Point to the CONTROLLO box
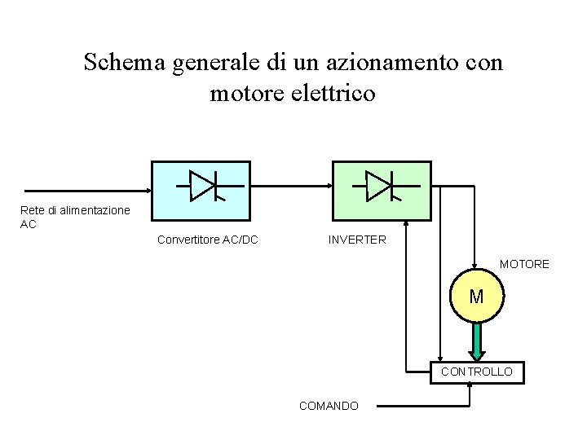coord(477,372)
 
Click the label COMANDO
coord(329,405)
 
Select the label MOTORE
coord(524,265)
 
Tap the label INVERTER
coord(357,240)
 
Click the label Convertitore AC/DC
coord(208,240)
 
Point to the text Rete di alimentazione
coord(74,210)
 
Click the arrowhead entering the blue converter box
coord(147,192)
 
